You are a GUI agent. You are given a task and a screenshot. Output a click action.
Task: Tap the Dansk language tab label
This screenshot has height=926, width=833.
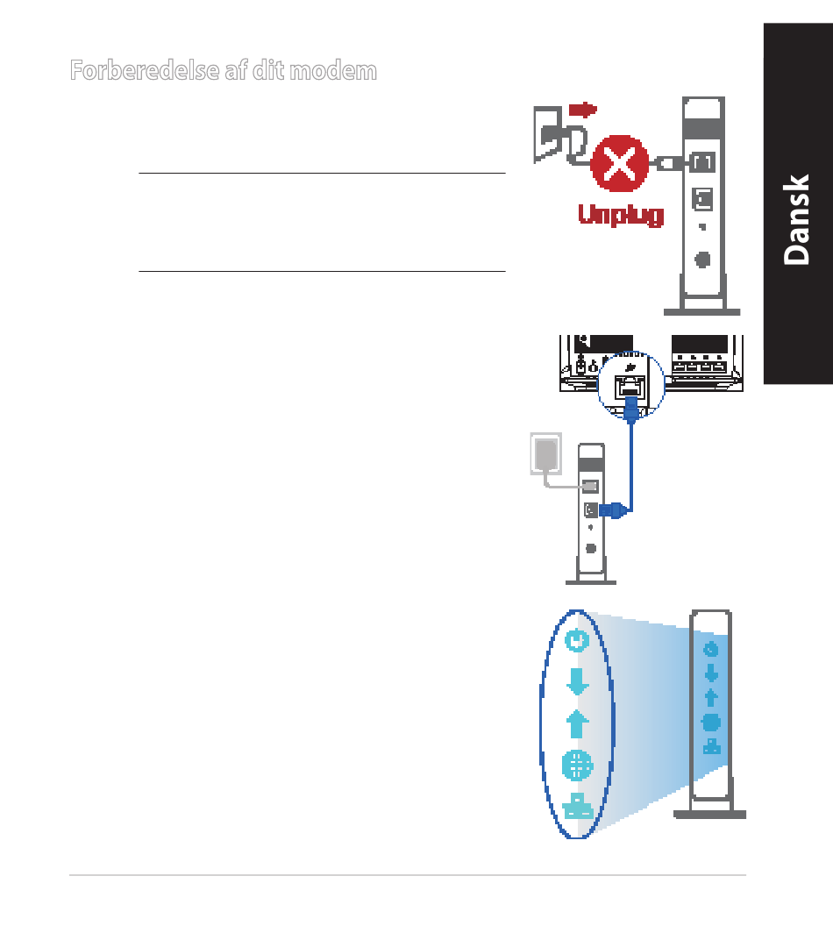click(797, 219)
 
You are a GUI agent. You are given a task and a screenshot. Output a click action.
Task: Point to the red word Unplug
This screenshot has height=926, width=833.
click(621, 214)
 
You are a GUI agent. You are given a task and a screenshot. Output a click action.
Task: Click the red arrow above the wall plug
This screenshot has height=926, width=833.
click(582, 110)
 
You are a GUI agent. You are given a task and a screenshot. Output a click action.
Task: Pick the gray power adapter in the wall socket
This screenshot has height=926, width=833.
click(545, 454)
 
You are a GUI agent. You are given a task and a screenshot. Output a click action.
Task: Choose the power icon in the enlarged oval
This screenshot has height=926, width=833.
click(576, 641)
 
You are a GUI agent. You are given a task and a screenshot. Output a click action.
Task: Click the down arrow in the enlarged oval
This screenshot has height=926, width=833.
click(576, 681)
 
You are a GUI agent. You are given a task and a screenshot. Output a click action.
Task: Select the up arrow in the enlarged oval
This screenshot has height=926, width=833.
click(576, 723)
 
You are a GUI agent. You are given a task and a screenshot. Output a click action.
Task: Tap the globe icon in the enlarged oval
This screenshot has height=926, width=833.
click(576, 765)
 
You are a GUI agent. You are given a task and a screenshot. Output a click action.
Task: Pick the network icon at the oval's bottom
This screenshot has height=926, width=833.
click(576, 806)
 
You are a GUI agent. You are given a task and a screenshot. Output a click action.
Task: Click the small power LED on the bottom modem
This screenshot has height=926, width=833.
click(711, 649)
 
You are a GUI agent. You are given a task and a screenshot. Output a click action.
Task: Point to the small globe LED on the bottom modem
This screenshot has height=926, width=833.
click(711, 723)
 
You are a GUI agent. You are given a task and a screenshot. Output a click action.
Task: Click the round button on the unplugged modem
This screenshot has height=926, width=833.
click(702, 260)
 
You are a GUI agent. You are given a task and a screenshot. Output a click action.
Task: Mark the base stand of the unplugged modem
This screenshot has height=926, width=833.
click(702, 310)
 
